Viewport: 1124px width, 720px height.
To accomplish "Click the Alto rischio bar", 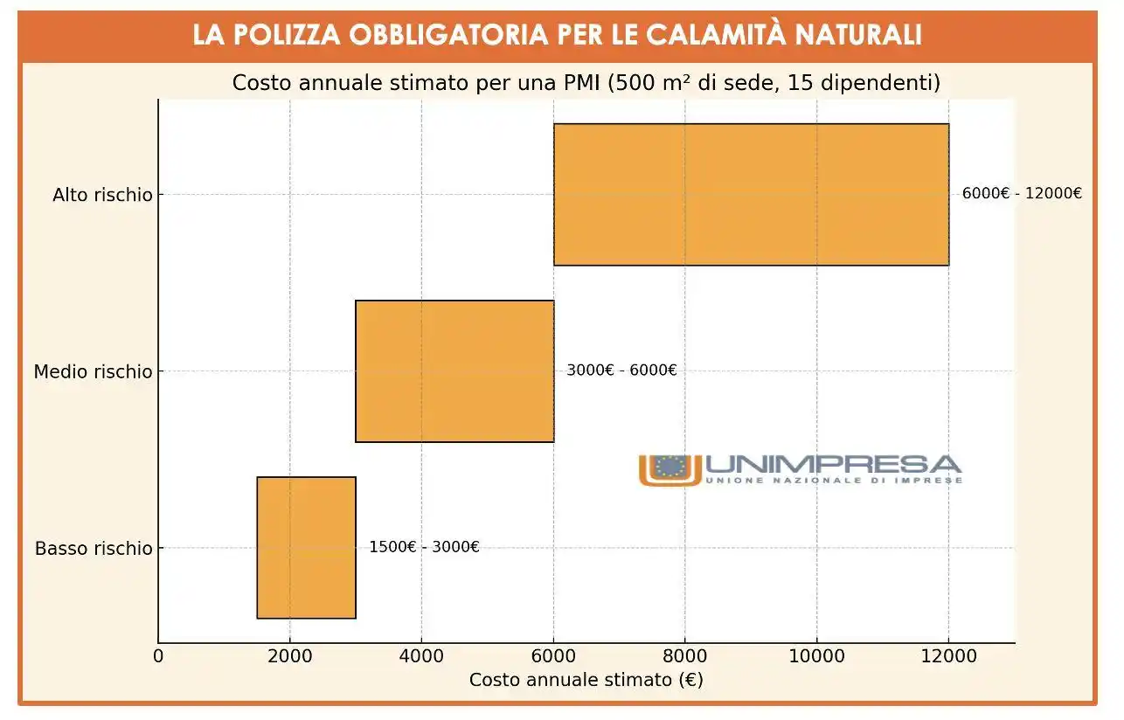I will pos(751,194).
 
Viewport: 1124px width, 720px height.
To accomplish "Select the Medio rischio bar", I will pos(454,371).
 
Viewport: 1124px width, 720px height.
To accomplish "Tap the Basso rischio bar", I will pos(306,548).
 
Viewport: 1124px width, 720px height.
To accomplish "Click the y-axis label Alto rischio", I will pos(102,195).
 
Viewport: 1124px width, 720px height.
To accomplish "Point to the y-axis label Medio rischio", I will pos(93,372).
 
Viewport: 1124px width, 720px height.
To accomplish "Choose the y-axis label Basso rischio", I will pos(94,549).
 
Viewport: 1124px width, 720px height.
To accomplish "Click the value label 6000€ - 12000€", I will pos(1022,194).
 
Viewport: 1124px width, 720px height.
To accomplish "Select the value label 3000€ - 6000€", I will pos(621,370).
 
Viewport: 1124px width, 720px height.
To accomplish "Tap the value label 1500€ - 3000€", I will pos(424,548).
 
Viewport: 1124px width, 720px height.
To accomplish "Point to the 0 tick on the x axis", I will pos(158,656).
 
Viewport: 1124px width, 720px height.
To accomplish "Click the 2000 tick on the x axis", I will pos(290,656).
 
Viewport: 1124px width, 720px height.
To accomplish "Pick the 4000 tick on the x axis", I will pos(421,656).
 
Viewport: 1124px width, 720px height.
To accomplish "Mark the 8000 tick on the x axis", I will pos(685,656).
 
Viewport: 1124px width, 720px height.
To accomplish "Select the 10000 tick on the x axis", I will pos(816,656).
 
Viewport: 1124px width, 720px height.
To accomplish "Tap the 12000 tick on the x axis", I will pos(948,656).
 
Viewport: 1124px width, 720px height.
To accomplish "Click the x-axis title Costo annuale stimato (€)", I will pos(586,680).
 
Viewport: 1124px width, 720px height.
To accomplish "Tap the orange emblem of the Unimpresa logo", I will pos(670,469).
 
